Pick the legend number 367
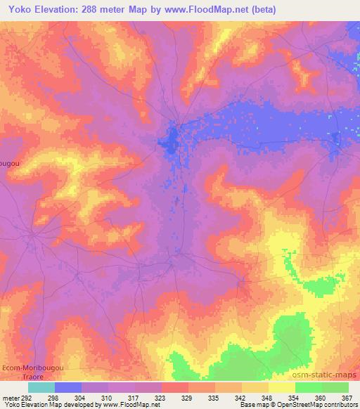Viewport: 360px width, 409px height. (x=347, y=398)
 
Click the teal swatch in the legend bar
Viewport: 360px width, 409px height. (x=41, y=387)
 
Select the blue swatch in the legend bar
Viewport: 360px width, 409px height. (x=68, y=387)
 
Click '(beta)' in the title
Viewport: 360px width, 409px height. (x=260, y=10)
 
